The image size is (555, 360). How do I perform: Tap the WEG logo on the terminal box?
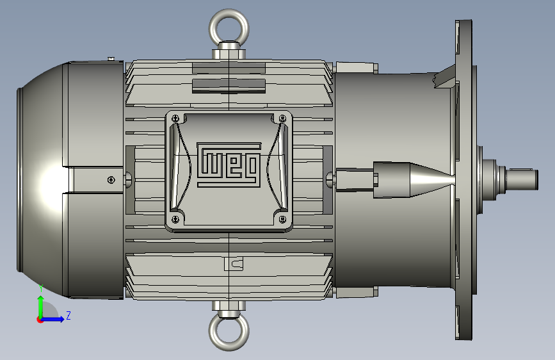point(229,165)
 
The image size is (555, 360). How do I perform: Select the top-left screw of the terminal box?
point(175,119)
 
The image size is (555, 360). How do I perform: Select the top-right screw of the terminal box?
point(283,118)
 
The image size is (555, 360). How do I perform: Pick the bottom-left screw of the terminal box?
point(175,219)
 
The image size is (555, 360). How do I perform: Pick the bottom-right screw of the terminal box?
point(283,219)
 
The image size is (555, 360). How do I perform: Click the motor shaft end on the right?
point(523,179)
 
